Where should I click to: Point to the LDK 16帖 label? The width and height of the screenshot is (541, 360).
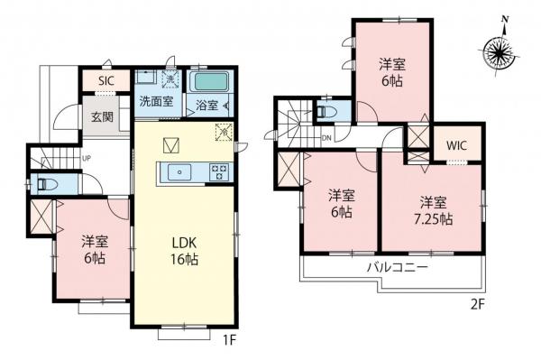(x=186, y=251)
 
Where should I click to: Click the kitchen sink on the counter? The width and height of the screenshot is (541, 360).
(x=181, y=171)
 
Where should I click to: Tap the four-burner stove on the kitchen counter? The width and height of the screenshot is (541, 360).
(x=217, y=171)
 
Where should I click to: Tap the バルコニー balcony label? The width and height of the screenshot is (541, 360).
(x=398, y=269)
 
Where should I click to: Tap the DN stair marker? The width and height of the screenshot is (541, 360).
(x=326, y=139)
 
